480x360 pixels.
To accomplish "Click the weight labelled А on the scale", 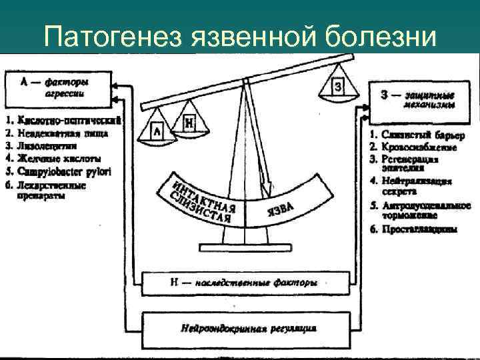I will (157, 132).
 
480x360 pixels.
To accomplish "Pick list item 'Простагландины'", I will (419, 229).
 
